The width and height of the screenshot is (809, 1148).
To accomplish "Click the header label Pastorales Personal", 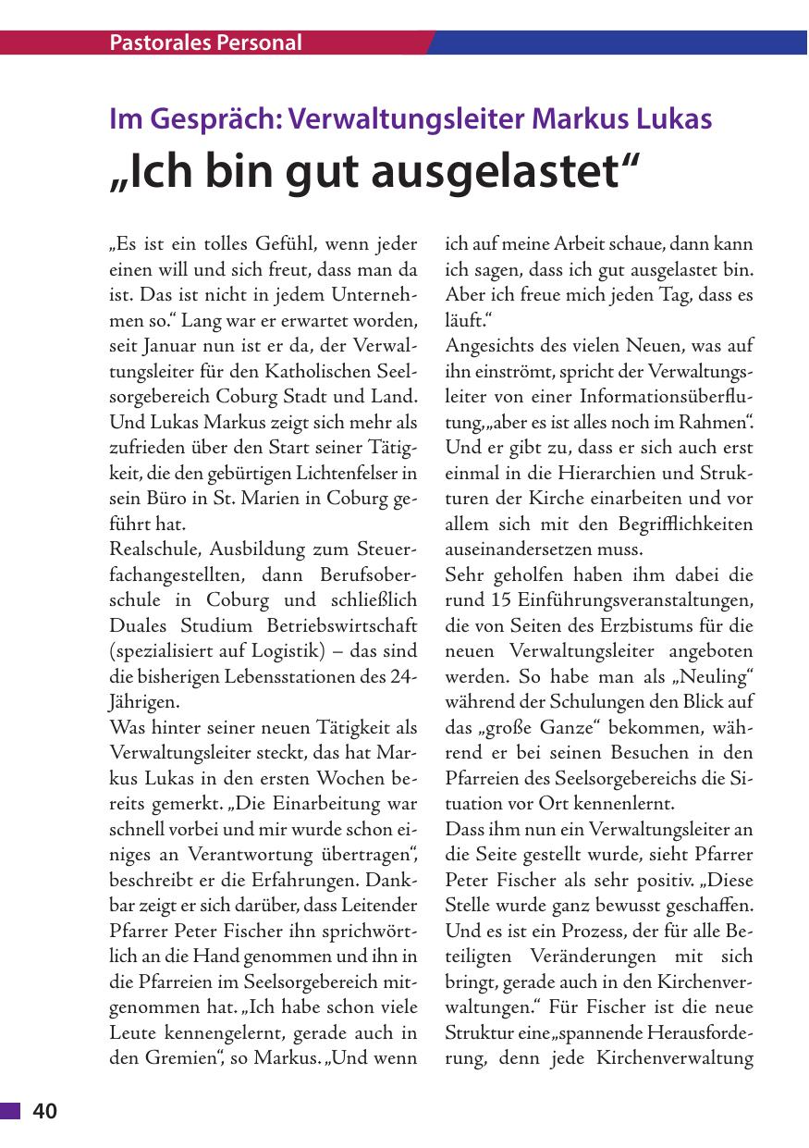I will [x=205, y=43].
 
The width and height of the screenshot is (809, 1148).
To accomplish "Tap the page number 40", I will [x=45, y=1112].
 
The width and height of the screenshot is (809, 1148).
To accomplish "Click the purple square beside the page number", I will [x=10, y=1112].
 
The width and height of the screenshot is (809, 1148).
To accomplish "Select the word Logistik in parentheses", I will [x=335, y=649].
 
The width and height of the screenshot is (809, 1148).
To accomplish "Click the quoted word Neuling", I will [x=714, y=675].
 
